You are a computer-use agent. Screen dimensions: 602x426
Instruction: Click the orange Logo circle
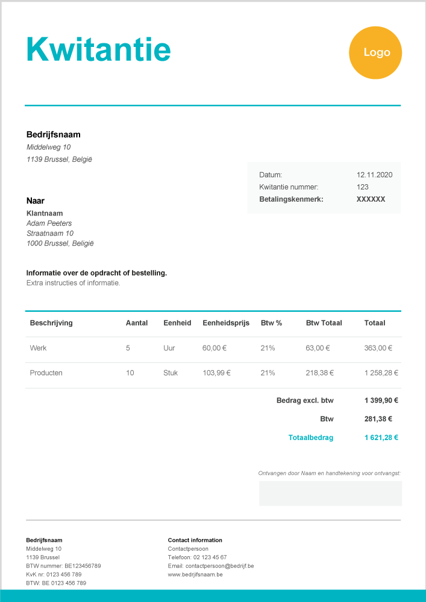(x=375, y=52)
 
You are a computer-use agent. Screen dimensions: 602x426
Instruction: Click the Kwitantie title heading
(x=99, y=49)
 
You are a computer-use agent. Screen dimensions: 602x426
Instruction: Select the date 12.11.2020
(x=374, y=175)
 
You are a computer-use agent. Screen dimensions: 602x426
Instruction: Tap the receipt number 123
(x=362, y=187)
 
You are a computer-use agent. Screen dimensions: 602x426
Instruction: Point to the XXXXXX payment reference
(x=371, y=199)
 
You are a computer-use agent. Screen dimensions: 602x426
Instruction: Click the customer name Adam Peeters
(x=49, y=223)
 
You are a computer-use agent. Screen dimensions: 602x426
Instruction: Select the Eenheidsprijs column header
(x=226, y=323)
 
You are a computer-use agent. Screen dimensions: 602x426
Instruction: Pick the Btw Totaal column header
(x=324, y=323)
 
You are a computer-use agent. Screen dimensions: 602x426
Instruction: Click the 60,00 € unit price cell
(x=215, y=348)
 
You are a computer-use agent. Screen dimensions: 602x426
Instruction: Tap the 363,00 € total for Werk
(x=378, y=348)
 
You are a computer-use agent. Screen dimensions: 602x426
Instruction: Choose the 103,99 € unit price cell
(x=216, y=373)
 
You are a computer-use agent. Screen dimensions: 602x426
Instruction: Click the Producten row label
(x=46, y=373)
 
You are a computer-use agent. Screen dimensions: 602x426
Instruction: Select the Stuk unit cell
(x=171, y=373)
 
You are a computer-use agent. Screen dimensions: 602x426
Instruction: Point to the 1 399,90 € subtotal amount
(x=381, y=400)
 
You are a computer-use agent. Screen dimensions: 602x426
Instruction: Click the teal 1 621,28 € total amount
(x=381, y=438)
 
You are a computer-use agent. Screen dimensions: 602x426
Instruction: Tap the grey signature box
(x=330, y=493)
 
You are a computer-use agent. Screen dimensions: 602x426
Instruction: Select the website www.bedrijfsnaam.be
(x=195, y=574)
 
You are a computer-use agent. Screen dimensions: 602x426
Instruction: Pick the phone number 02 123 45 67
(x=210, y=557)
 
